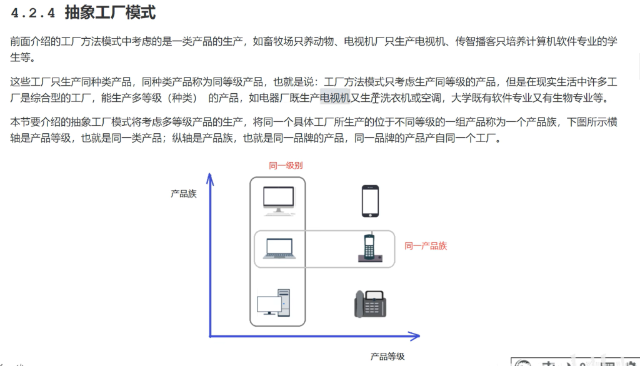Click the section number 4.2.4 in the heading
point(32,13)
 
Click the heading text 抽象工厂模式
point(110,13)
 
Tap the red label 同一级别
point(286,165)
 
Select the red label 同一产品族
point(426,246)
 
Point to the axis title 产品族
point(184,194)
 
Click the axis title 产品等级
point(387,357)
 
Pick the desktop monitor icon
point(278,200)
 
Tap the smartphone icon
point(370,201)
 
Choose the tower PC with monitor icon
point(274,303)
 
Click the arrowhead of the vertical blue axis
point(211,180)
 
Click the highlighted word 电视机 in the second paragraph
point(334,98)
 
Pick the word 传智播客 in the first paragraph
point(472,42)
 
